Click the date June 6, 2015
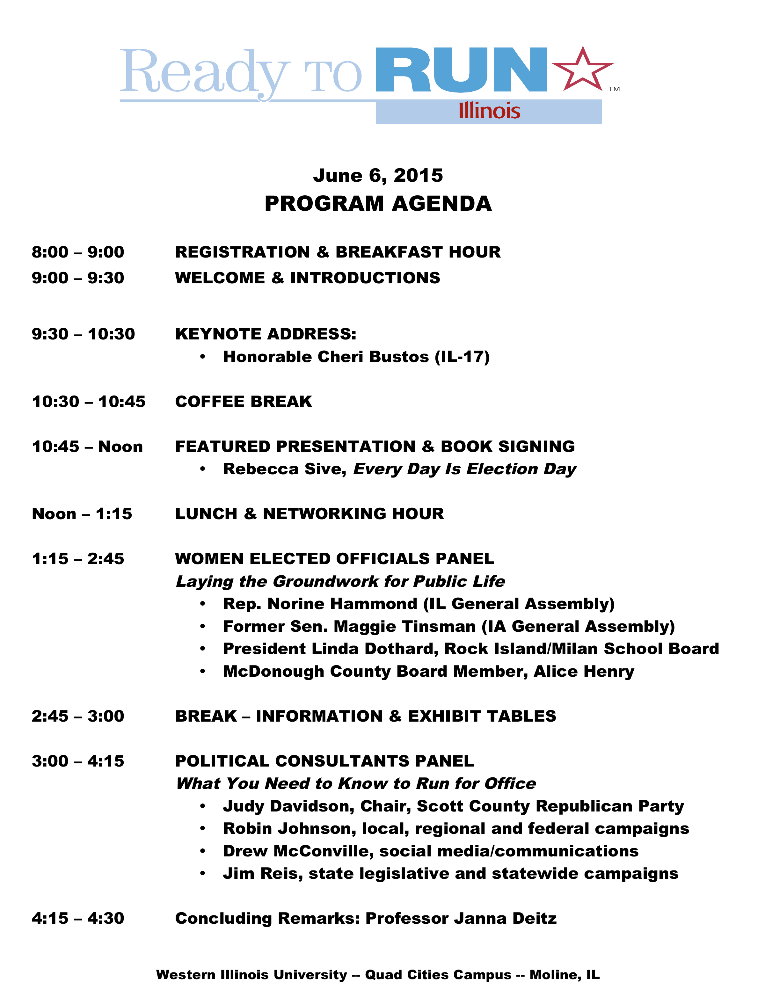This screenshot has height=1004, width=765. (378, 176)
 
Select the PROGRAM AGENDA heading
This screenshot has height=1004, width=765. (378, 204)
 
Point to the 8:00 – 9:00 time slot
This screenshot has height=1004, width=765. (78, 252)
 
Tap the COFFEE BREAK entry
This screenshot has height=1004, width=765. (244, 402)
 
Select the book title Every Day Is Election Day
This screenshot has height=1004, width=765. (464, 469)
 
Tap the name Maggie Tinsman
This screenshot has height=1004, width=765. (405, 627)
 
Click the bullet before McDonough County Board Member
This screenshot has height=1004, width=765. (203, 672)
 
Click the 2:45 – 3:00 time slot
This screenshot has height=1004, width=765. (78, 716)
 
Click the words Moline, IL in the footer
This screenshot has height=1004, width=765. (565, 975)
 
